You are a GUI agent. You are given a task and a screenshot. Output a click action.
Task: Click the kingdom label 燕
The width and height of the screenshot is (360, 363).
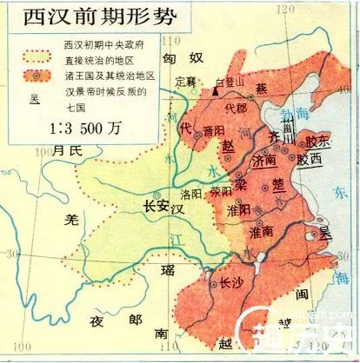coord(262,89)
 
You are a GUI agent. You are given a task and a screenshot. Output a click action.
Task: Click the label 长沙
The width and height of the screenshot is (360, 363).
coord(232,282)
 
